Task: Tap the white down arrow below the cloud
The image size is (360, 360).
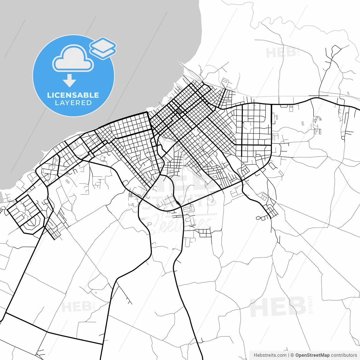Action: (x=69, y=80)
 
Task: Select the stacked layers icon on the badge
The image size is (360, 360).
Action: (x=103, y=48)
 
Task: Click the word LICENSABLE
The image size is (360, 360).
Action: (x=73, y=95)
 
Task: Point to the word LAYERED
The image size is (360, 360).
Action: (x=73, y=103)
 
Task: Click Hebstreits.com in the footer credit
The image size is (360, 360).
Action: (x=270, y=355)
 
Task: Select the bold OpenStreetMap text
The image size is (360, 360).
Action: (x=312, y=355)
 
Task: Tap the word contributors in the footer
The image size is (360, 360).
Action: (x=344, y=355)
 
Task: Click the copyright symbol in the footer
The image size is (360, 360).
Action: (x=292, y=355)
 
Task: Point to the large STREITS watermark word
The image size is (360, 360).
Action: (x=180, y=201)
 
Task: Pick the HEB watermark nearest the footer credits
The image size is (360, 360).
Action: (x=278, y=307)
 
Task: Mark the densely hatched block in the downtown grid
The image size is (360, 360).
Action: (x=179, y=111)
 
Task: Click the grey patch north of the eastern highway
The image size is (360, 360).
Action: (x=348, y=93)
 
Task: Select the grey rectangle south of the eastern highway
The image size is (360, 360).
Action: (x=303, y=123)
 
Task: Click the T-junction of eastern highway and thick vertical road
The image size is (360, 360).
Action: (x=271, y=104)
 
